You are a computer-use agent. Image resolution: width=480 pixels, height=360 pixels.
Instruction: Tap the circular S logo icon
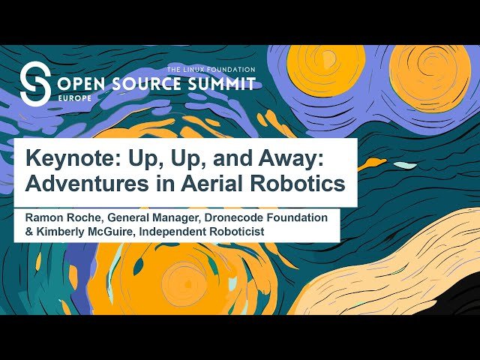coord(35,82)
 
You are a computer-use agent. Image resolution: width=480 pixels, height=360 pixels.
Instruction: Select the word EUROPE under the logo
coord(71,97)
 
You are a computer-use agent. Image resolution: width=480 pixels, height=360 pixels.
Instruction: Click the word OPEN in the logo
coord(79,83)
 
